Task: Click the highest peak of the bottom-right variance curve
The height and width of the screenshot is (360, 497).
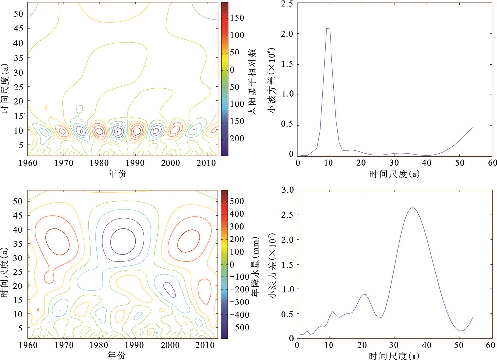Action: tap(412, 208)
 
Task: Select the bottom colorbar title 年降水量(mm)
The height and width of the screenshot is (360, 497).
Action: tap(252, 264)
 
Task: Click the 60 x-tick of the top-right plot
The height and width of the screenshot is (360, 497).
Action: tap(492, 163)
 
